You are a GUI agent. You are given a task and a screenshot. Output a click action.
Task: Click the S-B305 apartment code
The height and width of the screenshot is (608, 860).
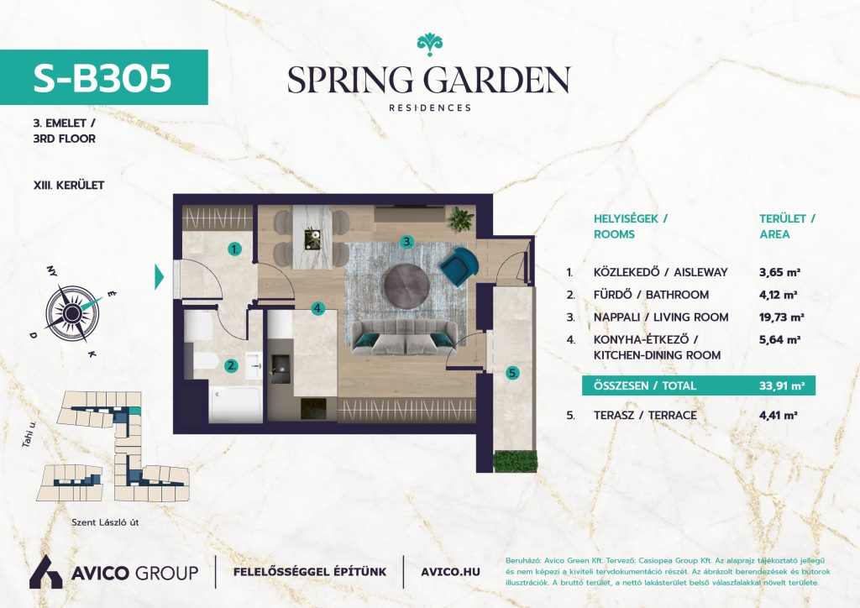click(x=102, y=77)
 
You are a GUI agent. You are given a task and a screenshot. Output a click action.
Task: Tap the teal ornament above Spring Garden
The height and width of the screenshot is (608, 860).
click(x=429, y=45)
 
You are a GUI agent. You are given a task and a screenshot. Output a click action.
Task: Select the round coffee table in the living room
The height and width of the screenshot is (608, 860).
click(x=406, y=286)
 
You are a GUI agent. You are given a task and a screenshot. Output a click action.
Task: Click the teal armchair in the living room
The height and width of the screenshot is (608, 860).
click(x=459, y=266)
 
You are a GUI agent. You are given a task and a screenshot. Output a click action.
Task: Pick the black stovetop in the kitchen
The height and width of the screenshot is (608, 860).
click(x=313, y=408)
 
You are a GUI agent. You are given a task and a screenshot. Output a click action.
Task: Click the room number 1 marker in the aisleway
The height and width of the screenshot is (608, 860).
click(x=235, y=249)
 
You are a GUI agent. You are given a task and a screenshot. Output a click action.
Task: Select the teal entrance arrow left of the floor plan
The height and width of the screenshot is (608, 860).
click(x=159, y=277)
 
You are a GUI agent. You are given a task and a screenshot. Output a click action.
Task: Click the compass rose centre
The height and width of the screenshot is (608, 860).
click(x=72, y=313)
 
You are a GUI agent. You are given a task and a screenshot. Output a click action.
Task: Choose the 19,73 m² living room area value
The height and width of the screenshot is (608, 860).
click(x=782, y=317)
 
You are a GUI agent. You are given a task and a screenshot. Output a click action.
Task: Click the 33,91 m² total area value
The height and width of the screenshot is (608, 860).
click(x=782, y=385)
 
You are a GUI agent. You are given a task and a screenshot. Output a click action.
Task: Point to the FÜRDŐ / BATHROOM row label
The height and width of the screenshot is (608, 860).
click(x=651, y=295)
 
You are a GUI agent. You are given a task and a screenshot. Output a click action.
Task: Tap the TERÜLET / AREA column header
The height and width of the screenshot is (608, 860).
click(x=787, y=227)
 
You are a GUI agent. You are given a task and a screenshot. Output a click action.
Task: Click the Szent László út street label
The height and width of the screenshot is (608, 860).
click(x=105, y=522)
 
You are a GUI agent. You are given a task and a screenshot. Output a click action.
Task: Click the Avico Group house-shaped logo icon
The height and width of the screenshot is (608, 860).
click(x=46, y=571)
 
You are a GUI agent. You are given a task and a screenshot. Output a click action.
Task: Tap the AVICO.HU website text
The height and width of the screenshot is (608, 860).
click(x=450, y=572)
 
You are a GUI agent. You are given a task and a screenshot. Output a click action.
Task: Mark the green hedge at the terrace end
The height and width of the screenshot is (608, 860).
click(x=515, y=462)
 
